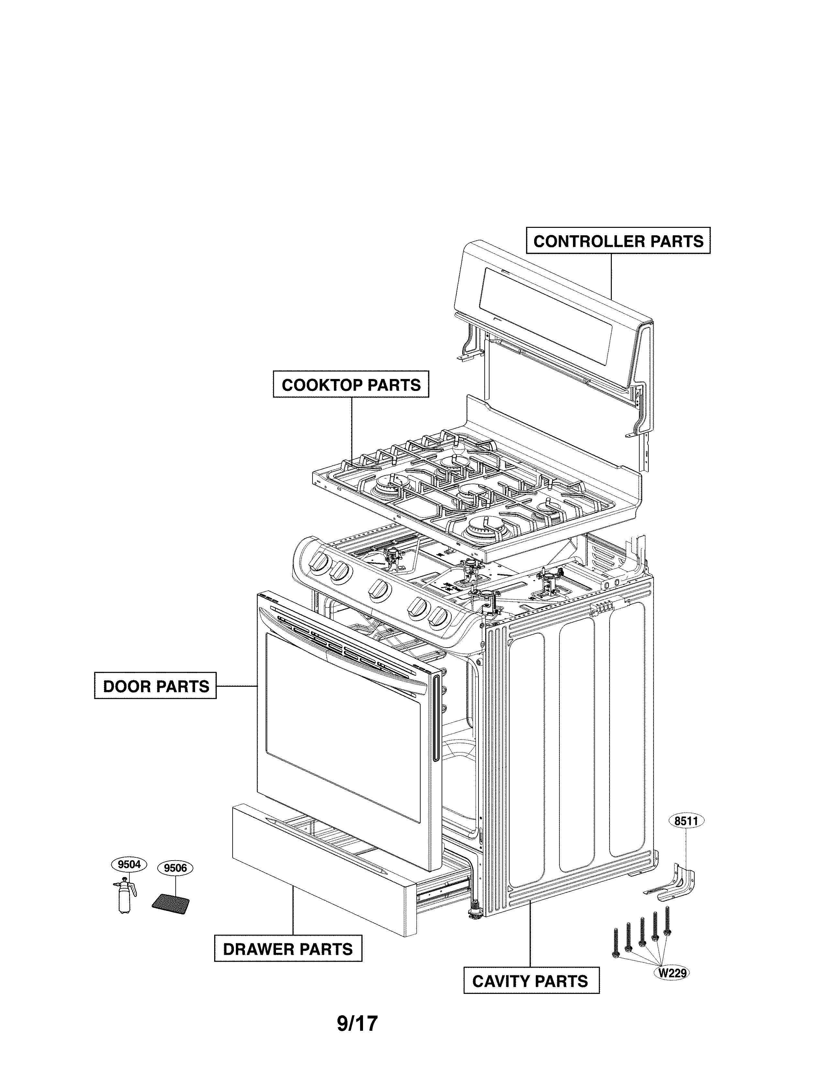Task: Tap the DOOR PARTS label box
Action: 155,686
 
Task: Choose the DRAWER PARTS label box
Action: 288,949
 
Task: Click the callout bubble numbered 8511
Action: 686,821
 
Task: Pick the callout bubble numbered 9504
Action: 129,864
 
